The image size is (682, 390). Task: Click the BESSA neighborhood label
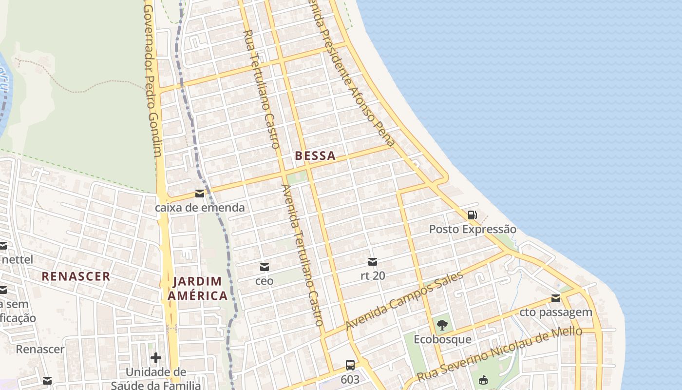click(x=315, y=156)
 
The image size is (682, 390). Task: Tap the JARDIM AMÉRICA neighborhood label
click(x=197, y=288)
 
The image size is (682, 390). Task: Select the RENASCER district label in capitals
click(x=76, y=276)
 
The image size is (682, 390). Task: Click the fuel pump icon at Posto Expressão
click(x=472, y=214)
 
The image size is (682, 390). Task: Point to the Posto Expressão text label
click(x=473, y=229)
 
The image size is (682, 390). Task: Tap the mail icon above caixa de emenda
click(x=200, y=194)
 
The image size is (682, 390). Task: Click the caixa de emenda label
click(x=200, y=208)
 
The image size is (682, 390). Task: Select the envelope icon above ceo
click(x=265, y=267)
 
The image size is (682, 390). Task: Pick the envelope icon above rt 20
click(x=373, y=262)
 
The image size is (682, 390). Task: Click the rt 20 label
click(x=373, y=275)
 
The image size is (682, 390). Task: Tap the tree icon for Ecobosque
click(x=442, y=325)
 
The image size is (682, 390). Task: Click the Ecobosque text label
click(x=442, y=339)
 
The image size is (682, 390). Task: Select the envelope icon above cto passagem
click(x=556, y=298)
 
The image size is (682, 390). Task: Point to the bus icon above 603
click(x=350, y=365)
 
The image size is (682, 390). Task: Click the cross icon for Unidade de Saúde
click(x=156, y=358)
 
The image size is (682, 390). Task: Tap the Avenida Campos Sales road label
click(x=404, y=300)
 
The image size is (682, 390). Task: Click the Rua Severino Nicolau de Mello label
click(x=499, y=354)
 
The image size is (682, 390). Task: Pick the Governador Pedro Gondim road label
click(x=152, y=82)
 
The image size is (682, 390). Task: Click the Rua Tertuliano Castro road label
click(x=261, y=89)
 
